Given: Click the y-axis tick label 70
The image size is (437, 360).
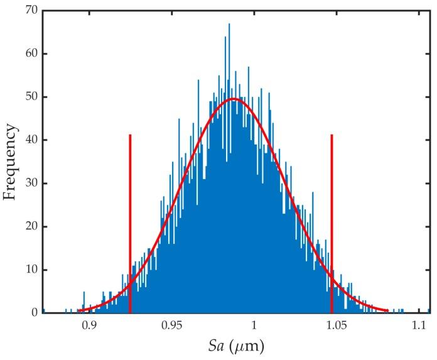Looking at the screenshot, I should (30, 11).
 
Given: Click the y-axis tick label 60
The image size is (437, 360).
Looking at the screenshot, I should (30, 54).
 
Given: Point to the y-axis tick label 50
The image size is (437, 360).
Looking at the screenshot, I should (30, 97).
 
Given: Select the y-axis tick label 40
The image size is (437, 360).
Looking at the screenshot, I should (30, 140).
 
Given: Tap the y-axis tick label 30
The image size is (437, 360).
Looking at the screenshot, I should (30, 183).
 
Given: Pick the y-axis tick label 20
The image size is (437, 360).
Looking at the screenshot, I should (30, 227).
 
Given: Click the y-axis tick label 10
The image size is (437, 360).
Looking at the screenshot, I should (30, 270).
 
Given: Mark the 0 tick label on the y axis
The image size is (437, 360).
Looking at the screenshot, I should (33, 313).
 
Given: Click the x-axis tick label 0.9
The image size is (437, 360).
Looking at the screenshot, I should (90, 326).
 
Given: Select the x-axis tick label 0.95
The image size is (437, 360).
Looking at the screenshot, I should (171, 326).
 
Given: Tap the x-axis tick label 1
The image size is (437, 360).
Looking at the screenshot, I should (254, 326).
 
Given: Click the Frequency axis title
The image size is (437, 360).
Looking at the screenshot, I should (10, 161).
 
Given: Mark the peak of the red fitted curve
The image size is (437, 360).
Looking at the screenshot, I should (234, 99).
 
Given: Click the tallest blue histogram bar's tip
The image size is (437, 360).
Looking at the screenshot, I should (229, 25).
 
